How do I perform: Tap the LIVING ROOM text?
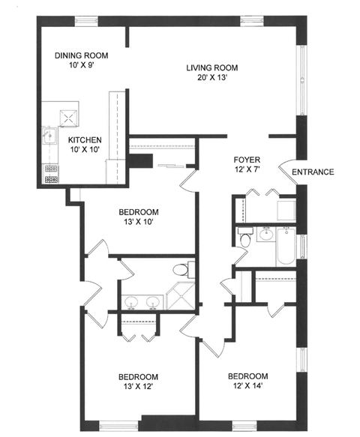coord(217,68)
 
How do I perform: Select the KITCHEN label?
coord(85,139)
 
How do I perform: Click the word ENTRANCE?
coord(313,172)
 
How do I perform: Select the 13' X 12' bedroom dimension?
coord(138,388)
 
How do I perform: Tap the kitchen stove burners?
coord(51,177)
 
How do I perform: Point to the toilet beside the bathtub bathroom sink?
coord(245,239)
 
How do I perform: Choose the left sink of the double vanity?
coord(131,302)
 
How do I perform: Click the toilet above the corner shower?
coord(180,268)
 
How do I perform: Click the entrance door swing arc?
coord(289,169)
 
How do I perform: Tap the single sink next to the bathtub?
coord(264,235)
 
